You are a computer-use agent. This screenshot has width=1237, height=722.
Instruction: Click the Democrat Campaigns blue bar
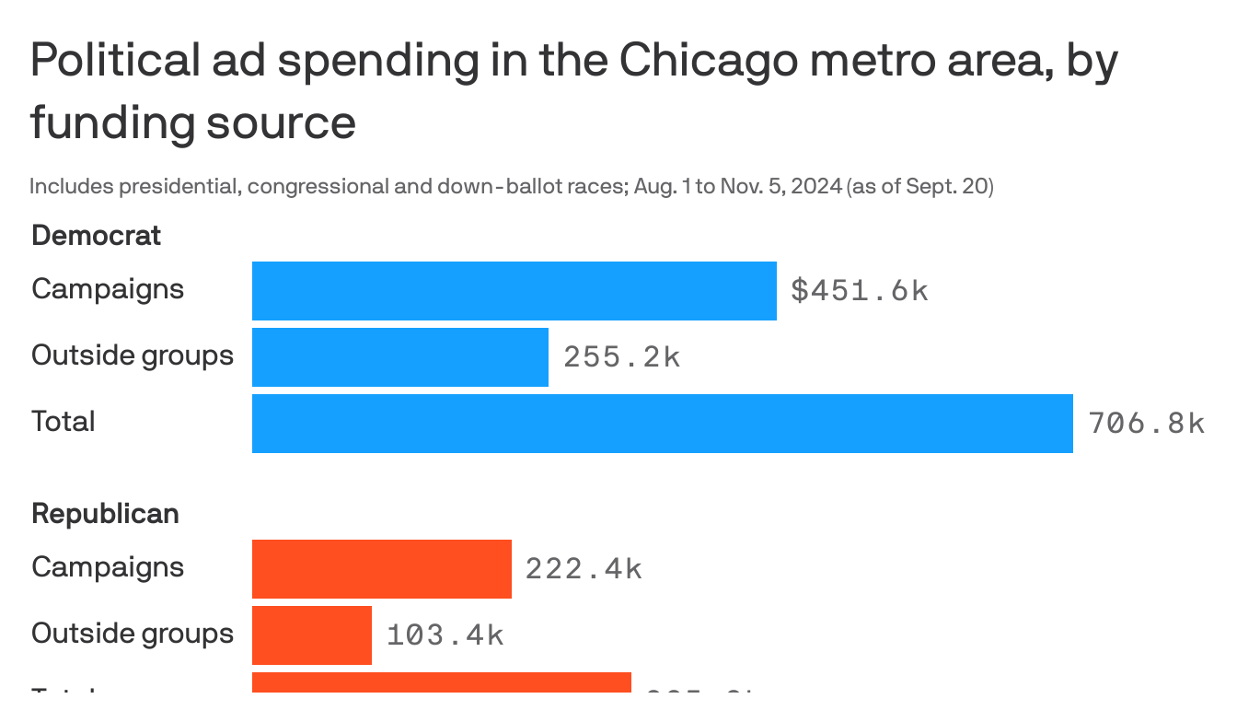514,291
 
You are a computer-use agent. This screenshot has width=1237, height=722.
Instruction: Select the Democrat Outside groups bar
399,357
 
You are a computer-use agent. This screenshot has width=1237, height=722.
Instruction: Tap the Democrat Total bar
662,424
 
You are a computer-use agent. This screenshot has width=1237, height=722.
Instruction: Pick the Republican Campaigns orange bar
381,569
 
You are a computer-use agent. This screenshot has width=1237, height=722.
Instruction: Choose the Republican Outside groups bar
311,635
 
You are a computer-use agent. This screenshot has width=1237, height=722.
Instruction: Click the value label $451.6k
859,291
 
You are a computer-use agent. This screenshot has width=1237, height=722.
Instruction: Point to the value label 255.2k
621,357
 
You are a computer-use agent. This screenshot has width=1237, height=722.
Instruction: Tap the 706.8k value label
1145,424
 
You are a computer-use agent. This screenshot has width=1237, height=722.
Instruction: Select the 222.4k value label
583,569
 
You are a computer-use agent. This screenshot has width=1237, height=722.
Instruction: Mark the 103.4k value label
445,635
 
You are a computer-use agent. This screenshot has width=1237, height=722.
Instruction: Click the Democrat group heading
96,236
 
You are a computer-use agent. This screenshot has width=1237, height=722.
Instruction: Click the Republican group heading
105,514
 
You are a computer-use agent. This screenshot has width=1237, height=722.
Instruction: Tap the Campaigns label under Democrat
108,289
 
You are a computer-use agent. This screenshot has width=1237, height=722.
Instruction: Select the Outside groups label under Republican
133,634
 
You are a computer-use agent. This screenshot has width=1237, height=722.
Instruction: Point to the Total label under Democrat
64,422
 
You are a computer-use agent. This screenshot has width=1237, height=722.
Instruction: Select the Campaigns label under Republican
108,567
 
